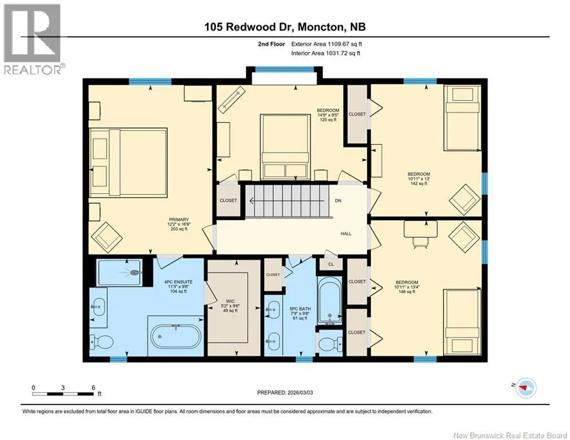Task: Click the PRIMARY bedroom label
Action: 179,219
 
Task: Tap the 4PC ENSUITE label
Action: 179,282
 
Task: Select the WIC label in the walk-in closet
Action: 230,301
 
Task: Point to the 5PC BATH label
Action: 300,309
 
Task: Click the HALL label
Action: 346,233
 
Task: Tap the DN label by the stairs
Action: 338,201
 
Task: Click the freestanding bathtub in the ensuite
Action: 176,336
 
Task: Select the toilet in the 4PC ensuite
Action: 101,341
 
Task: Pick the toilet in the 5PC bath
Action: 331,343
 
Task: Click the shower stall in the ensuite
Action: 119,272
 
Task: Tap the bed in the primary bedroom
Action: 128,163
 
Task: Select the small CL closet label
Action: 331,264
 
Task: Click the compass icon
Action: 526,388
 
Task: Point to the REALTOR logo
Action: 33,39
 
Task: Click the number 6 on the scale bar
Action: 93,388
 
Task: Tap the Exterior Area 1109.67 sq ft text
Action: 327,44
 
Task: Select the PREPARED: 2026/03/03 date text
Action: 285,392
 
